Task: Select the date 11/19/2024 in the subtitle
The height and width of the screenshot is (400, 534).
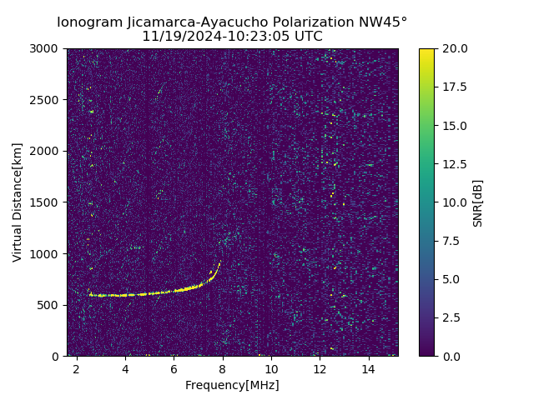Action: (x=175, y=37)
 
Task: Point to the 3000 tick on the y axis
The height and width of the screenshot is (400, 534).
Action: (x=47, y=48)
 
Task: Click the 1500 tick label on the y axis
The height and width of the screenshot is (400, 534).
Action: (x=47, y=202)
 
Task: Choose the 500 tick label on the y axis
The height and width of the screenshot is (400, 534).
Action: (x=50, y=305)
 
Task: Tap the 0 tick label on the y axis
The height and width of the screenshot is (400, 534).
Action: (x=57, y=356)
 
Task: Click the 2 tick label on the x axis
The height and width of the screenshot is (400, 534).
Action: (x=77, y=368)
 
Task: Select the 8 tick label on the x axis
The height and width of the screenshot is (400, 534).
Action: (x=223, y=368)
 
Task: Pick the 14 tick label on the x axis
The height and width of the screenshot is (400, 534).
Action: (x=368, y=368)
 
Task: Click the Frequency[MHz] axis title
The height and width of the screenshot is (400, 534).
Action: (x=232, y=385)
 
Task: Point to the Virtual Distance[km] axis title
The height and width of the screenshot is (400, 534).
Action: (x=18, y=202)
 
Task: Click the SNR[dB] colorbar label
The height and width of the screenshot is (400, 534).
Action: (x=478, y=202)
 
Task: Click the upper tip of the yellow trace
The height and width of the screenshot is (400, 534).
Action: (x=219, y=262)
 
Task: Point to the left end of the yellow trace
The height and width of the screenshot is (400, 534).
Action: (x=89, y=294)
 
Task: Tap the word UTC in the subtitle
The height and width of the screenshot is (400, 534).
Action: (x=309, y=37)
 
